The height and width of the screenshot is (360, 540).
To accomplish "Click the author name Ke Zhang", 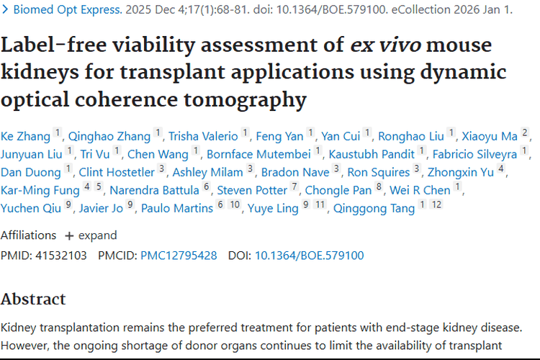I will pos(26,135).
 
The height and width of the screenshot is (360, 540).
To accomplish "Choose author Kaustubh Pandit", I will pos(372,153).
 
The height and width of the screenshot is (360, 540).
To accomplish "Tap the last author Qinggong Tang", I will pos(374,208).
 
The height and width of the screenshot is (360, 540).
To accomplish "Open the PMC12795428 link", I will pos(179,255).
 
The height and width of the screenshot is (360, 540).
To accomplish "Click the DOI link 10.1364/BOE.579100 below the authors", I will pos(309,255).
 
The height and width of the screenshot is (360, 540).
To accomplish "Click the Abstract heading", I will pos(33,299).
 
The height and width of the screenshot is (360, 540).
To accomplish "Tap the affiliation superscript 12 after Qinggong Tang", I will pos(436,205).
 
